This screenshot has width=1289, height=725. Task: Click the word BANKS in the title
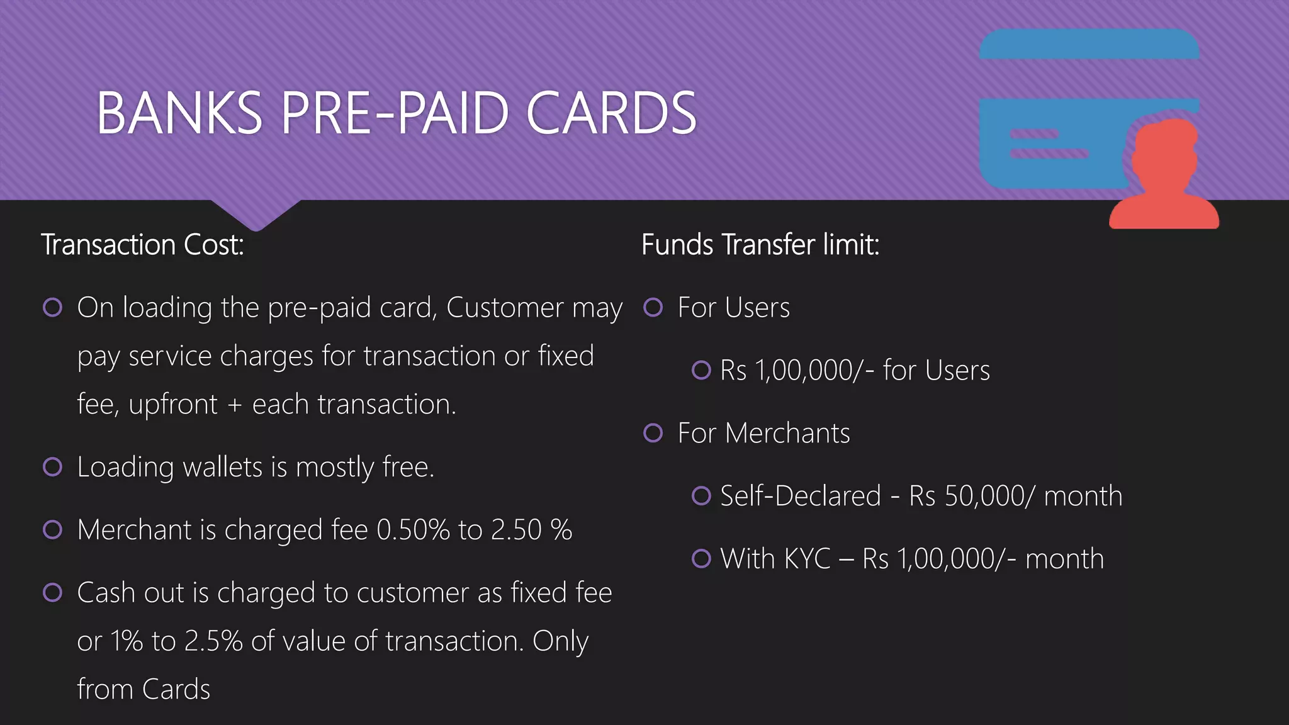coord(179,113)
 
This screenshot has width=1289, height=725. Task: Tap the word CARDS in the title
coord(611,113)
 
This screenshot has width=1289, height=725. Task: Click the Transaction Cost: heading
coord(142,245)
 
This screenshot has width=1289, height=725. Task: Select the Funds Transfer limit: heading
coord(760,245)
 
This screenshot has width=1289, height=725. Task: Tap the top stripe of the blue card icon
coord(1089,44)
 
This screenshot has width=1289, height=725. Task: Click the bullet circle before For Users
coord(653,308)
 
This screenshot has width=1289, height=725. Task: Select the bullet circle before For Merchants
coord(653,433)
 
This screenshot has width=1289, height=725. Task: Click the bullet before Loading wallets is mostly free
coord(52,467)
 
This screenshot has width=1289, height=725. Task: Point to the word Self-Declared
coord(800,496)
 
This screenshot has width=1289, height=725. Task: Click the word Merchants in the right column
coord(787,434)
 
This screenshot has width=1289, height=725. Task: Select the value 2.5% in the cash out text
coord(213,641)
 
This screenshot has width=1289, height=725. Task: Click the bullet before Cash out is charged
coord(52,593)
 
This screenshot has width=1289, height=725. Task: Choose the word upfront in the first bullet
coord(172,405)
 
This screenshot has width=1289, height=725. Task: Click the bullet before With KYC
coord(701,558)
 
